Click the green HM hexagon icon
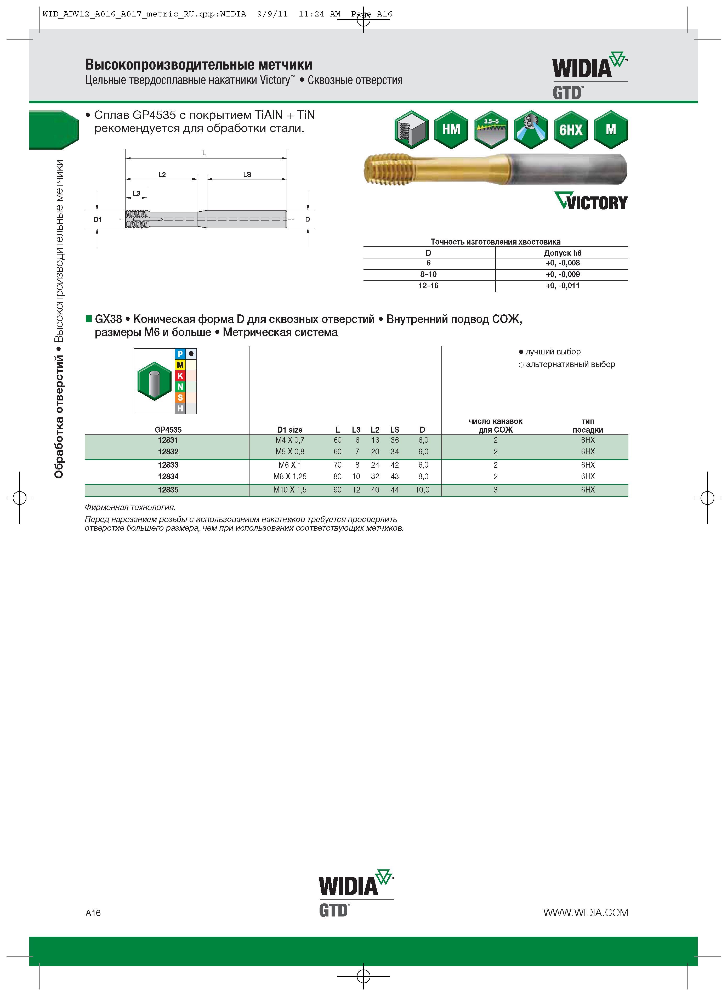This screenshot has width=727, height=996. [451, 129]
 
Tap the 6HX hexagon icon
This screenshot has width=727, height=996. [571, 129]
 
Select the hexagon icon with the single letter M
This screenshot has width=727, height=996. [611, 129]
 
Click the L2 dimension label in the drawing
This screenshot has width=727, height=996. [162, 175]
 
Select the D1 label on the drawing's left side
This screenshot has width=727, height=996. [98, 219]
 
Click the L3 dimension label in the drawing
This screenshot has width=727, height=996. [137, 193]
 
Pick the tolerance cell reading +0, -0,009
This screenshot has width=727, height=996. [563, 274]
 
